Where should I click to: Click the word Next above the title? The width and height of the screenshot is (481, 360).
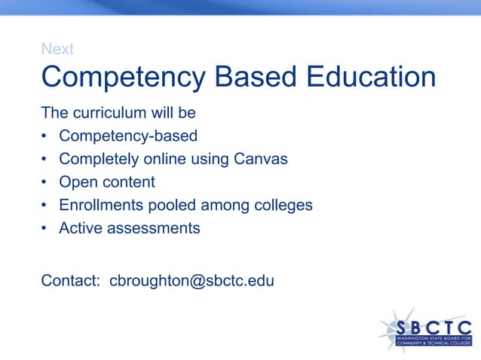[x=57, y=49]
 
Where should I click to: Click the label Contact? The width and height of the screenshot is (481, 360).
[x=71, y=281]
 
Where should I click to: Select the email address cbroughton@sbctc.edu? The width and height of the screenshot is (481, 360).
[x=191, y=281]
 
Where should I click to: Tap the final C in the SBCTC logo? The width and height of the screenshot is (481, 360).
[x=464, y=328]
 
